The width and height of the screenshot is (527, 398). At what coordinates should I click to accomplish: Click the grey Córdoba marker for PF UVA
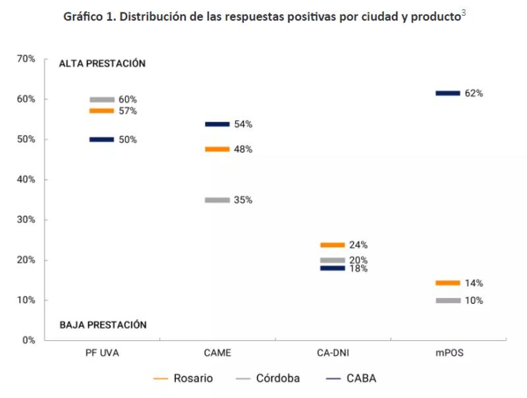(102, 100)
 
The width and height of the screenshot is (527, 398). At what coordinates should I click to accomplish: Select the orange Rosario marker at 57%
(102, 111)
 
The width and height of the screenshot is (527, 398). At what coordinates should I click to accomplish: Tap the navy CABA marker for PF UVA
(102, 139)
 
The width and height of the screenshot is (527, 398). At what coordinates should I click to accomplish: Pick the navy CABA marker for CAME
(217, 124)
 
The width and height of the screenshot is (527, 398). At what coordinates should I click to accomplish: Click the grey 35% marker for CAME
(217, 200)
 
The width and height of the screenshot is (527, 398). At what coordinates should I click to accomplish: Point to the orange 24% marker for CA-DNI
(333, 245)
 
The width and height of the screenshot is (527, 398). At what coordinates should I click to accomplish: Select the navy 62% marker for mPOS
(448, 93)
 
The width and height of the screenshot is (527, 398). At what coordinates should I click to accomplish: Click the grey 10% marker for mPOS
(448, 301)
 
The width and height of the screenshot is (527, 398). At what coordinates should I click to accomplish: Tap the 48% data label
(243, 149)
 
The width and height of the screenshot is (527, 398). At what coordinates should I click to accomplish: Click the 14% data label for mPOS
(474, 284)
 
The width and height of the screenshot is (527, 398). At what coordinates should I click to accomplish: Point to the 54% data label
(243, 124)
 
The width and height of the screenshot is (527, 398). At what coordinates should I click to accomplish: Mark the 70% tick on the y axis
(26, 59)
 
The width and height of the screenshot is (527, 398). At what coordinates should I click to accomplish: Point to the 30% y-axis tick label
(26, 220)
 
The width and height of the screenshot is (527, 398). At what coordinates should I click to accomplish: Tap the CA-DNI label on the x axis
(333, 353)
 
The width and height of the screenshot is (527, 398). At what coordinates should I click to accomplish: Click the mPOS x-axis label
(449, 353)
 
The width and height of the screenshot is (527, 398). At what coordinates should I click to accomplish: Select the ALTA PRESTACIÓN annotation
(102, 64)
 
